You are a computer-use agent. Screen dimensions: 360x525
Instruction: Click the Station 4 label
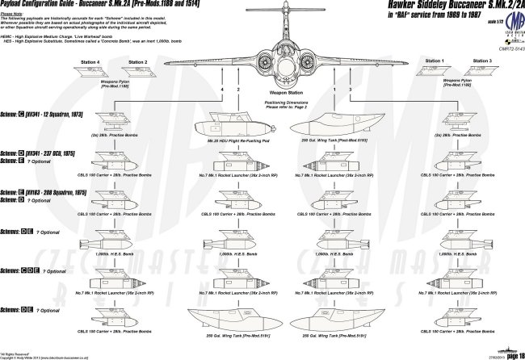coord(91,61)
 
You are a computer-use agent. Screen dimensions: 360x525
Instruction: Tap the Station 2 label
coord(138,61)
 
